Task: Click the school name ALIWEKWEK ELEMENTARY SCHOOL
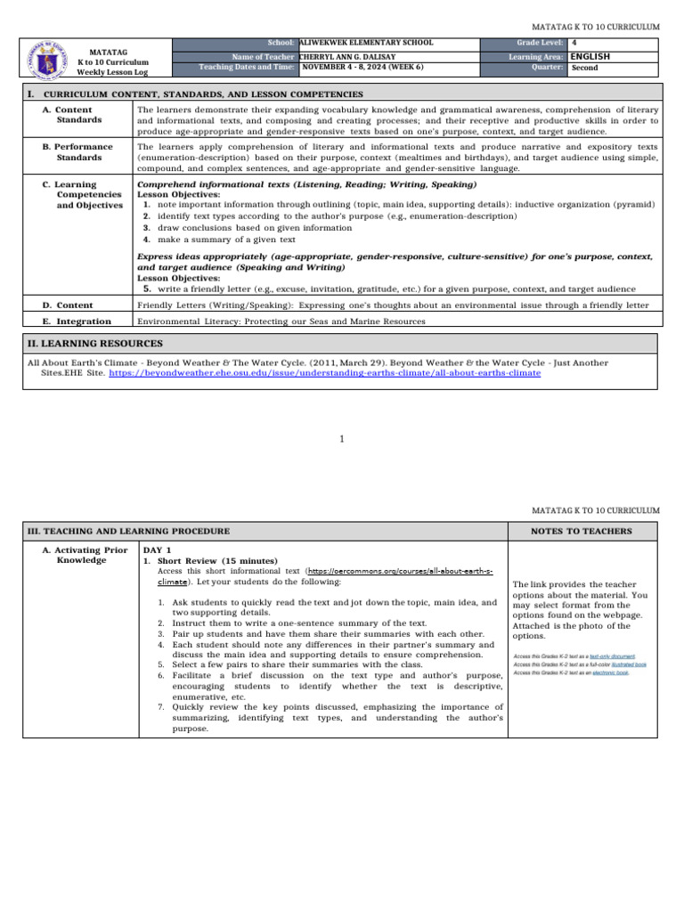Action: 367,43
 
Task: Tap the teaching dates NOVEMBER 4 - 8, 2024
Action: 362,67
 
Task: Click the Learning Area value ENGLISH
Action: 590,55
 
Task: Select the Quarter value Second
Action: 584,67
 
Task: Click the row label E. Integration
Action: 77,321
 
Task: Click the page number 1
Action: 342,437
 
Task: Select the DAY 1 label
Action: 158,550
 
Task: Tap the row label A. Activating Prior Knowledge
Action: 85,555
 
